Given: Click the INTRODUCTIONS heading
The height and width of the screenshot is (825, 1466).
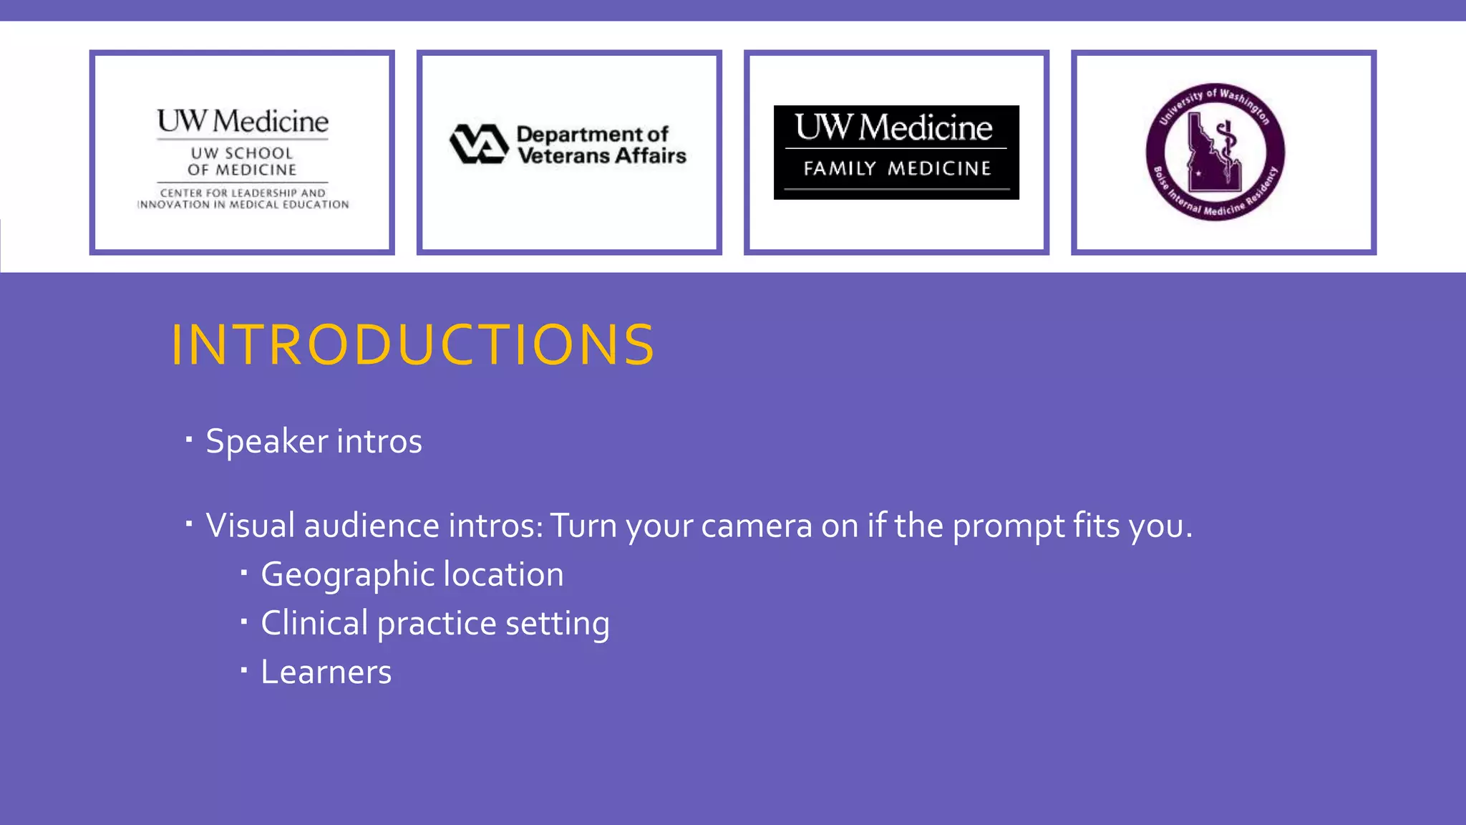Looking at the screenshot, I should (x=412, y=345).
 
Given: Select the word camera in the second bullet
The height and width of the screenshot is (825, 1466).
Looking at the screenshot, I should (x=757, y=526).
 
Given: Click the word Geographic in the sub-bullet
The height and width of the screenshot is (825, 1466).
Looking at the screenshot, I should (x=347, y=575).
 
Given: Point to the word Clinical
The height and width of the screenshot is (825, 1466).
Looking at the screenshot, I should (x=314, y=623).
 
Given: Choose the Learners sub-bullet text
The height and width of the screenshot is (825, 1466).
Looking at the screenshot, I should (x=326, y=672).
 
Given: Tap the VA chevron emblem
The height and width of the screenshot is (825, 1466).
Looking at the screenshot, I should (x=479, y=144).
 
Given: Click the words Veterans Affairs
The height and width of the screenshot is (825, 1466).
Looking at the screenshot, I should (x=601, y=155).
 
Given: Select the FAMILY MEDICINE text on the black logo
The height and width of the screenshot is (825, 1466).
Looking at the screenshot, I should (x=897, y=168).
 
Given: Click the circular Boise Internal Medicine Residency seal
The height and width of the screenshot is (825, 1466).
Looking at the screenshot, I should (x=1215, y=152).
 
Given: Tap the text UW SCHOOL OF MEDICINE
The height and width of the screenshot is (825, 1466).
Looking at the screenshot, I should (x=242, y=161).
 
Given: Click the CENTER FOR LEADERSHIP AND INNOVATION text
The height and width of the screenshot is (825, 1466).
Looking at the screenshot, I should (x=243, y=198).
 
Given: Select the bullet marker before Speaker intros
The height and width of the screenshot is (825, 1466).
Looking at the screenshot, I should (x=189, y=439).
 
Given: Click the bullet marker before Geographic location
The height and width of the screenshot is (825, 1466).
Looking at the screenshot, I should (x=244, y=573).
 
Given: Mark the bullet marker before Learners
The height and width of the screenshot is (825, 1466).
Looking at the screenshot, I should (x=244, y=670).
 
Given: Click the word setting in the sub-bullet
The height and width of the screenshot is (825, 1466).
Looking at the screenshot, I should (x=557, y=623).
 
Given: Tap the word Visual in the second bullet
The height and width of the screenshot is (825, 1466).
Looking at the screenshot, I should (x=251, y=526).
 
